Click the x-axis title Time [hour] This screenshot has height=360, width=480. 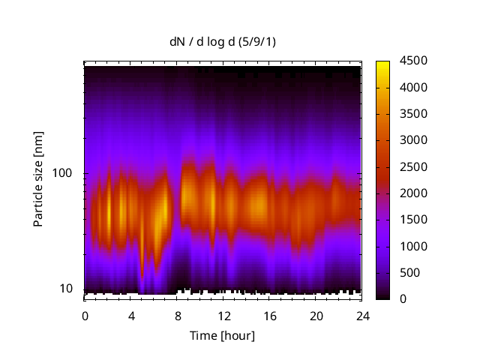222,335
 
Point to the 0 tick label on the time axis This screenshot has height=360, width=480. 85,315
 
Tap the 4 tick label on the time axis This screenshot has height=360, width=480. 131,315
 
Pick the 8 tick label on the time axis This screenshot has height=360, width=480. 177,315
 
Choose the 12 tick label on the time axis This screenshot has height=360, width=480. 223,315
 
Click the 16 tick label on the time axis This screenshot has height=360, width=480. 269,315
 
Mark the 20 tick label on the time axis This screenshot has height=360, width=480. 316,315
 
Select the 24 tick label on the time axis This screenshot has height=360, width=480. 361,315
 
